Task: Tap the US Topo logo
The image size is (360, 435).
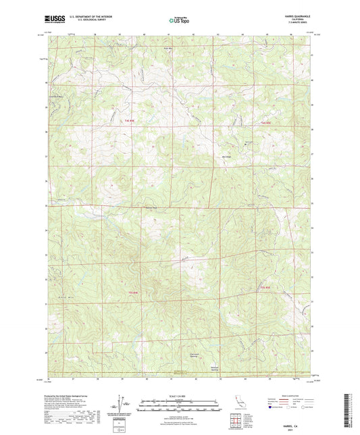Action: pos(179,22)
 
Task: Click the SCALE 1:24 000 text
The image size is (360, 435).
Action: pos(180,395)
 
